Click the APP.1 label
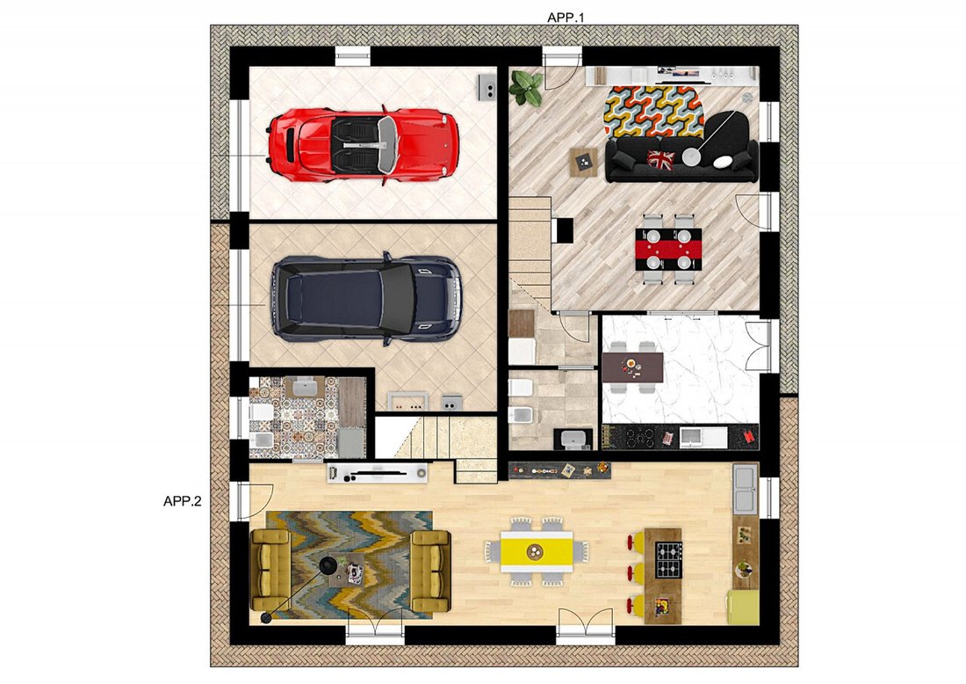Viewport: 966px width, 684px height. point(565,18)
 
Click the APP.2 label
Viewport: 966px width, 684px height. point(183,501)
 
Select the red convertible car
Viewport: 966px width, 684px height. point(363,145)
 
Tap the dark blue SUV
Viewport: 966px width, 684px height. point(366,299)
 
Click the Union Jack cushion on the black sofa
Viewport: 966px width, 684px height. point(660,158)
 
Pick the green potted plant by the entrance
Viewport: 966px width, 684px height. point(525,88)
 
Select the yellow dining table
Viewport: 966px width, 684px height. point(537,550)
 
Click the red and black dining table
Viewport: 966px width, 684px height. point(668,249)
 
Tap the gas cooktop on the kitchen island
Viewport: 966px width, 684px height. point(667,559)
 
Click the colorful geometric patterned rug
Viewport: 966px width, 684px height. point(653,111)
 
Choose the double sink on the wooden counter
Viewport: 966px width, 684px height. point(745,489)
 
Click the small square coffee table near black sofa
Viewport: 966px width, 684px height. point(583,163)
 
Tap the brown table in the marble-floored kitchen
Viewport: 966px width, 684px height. point(632,367)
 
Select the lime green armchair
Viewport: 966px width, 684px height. point(744,608)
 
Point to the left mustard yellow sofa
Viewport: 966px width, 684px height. point(271,570)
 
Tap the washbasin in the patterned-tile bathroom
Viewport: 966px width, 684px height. point(305,388)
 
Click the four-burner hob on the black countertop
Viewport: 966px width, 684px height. point(638,437)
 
